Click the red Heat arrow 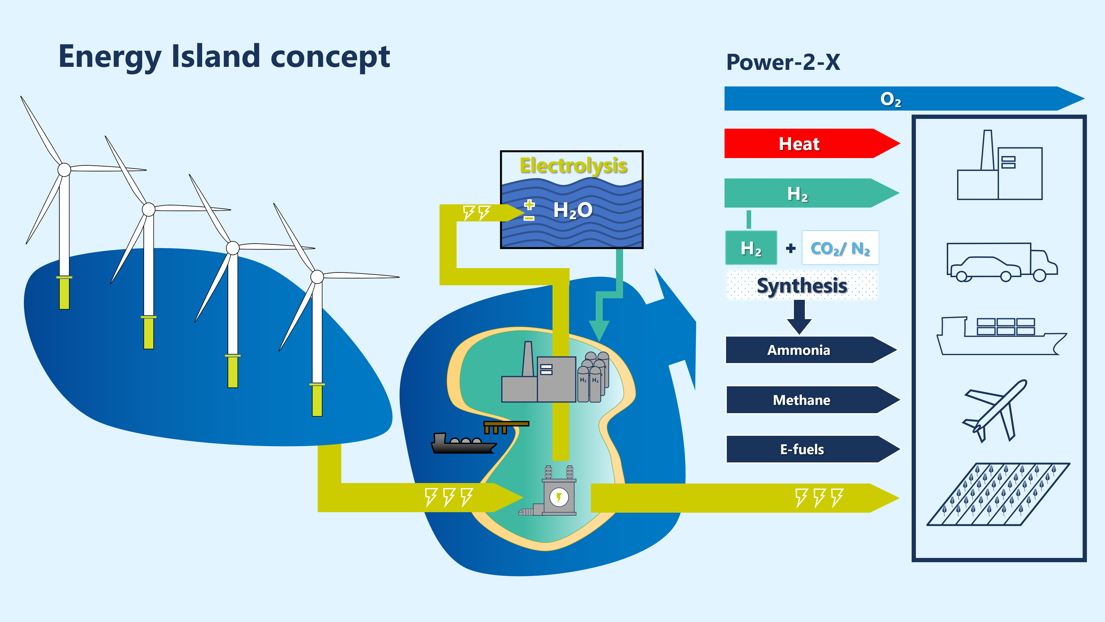pos(812,143)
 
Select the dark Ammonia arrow pos(811,350)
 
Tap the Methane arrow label pos(801,400)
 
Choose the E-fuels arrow pos(812,449)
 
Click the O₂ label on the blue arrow pos(891,100)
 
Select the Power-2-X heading pos(783,62)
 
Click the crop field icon pos(998,494)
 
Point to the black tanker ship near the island pos(463,444)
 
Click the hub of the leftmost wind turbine pos(64,170)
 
